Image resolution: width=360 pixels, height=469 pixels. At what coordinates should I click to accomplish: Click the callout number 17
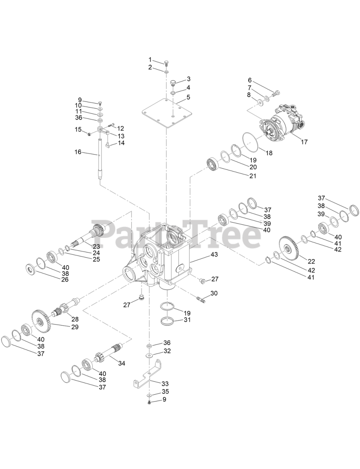304,142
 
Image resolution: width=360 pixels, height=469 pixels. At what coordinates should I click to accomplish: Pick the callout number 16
78,152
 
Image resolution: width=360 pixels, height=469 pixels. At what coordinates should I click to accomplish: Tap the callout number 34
122,363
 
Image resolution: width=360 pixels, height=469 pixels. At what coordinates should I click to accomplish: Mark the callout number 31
187,320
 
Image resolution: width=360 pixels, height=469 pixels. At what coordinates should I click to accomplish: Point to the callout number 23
96,247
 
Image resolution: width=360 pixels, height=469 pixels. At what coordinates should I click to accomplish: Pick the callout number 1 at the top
150,59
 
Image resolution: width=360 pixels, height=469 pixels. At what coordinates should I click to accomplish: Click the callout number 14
121,143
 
